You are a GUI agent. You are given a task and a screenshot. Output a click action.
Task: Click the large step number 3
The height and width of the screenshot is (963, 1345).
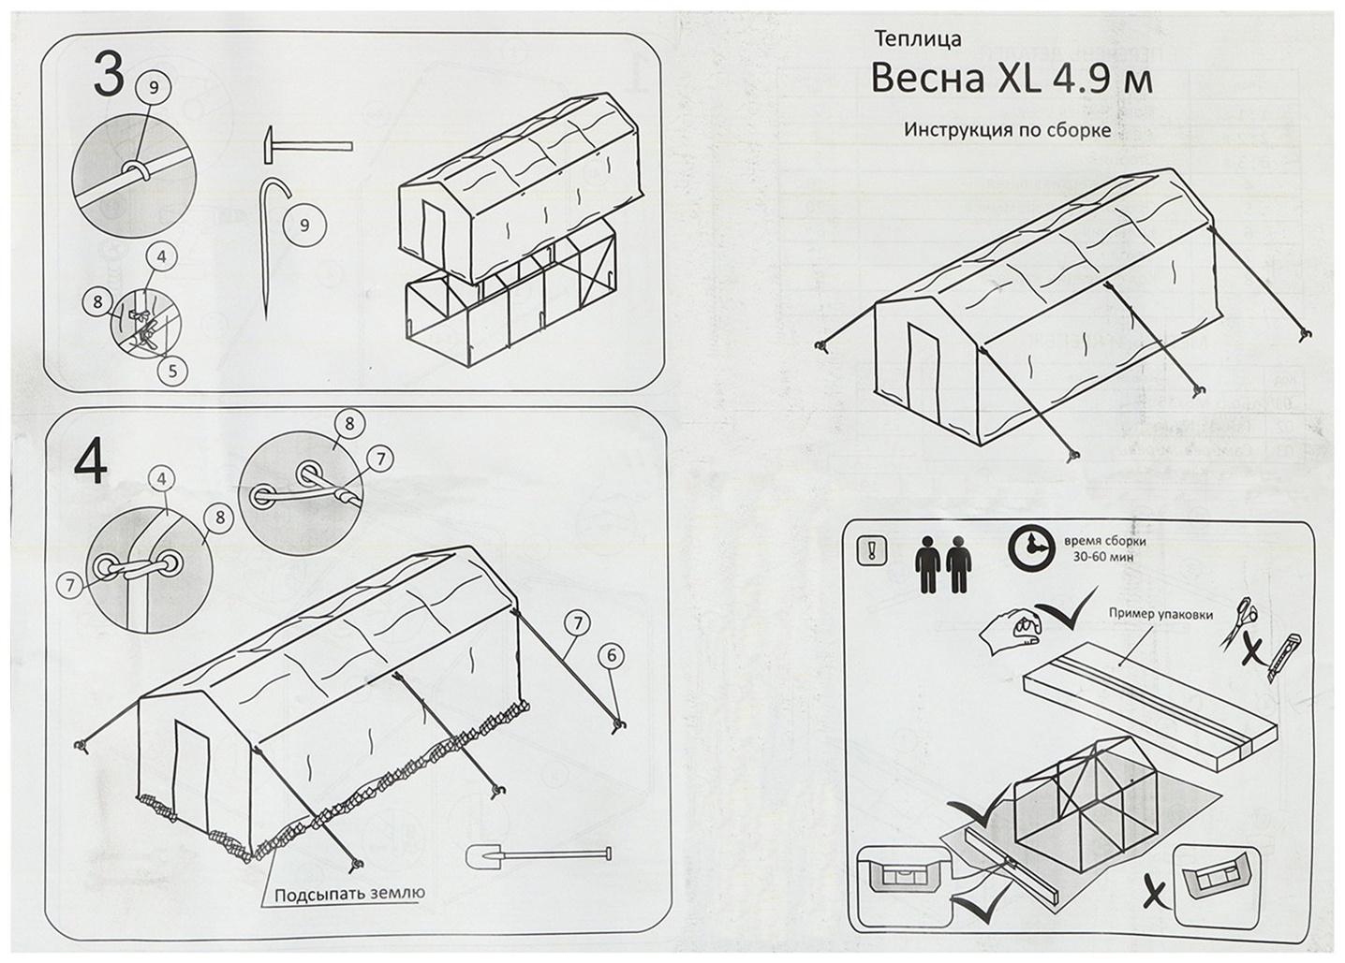[109, 75]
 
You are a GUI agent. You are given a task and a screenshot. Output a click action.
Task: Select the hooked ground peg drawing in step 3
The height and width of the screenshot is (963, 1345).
[269, 243]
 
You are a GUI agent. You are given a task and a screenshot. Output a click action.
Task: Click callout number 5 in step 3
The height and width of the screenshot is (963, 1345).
[171, 371]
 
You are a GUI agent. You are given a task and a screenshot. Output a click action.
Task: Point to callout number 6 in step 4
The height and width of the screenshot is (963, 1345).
[611, 656]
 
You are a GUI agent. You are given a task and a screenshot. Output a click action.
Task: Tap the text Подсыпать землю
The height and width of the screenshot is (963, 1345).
[349, 893]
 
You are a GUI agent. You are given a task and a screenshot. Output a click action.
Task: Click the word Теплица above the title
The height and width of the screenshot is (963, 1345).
[918, 39]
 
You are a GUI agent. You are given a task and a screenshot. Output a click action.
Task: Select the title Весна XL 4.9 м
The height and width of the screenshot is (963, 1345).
[1011, 80]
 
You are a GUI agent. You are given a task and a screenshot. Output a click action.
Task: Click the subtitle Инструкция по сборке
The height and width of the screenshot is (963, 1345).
[1007, 129]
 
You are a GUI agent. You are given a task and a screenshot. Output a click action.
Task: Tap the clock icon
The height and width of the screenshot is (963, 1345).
[1032, 547]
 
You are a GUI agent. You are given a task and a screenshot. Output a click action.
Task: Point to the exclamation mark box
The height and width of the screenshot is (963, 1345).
[870, 551]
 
